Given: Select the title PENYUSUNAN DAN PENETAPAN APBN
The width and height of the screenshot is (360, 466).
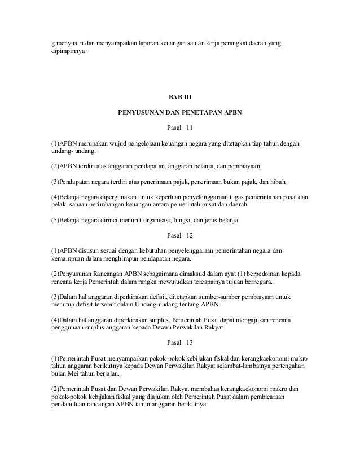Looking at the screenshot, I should coord(179,112).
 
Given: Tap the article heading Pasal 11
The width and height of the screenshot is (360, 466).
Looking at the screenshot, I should coord(180,128).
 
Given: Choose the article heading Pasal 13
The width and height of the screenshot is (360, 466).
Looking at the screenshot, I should coord(180,343).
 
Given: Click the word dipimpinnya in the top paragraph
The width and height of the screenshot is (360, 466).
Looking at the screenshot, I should coord(67,53).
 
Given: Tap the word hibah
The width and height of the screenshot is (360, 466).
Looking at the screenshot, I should coord(277,183).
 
